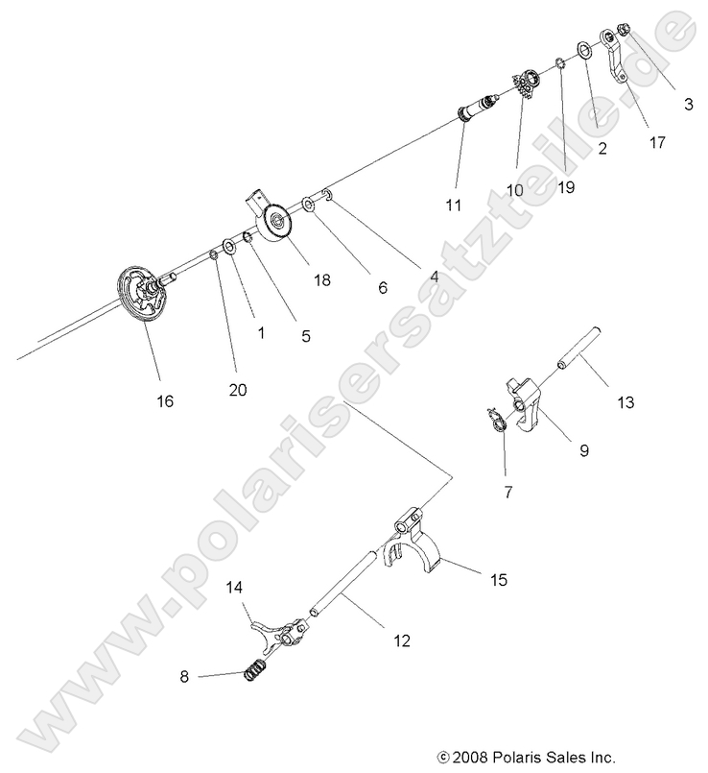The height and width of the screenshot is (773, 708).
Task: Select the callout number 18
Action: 321,279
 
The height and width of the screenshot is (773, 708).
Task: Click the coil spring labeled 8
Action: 253,670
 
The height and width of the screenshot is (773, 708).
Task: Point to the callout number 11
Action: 454,205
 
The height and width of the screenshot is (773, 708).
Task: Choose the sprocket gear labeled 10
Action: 524,86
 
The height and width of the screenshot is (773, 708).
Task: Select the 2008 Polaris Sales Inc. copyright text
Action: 526,756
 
